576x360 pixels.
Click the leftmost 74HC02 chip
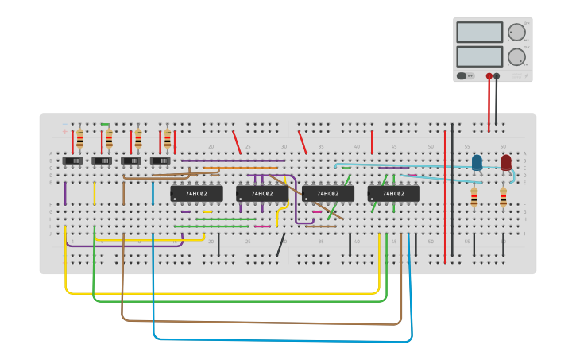tap(196, 193)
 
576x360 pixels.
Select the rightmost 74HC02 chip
tap(393, 193)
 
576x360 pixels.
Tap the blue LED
tap(477, 163)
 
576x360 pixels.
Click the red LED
tap(506, 163)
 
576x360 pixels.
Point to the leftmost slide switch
tap(72, 161)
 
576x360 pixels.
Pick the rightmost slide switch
tap(160, 161)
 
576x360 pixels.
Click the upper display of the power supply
tap(479, 32)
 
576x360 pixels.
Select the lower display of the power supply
tap(479, 56)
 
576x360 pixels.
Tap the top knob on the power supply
tap(516, 32)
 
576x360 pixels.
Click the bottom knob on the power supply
tap(516, 57)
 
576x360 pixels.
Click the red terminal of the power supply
tap(489, 76)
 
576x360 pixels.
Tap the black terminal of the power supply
tap(497, 76)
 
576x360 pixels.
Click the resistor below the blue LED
tap(474, 197)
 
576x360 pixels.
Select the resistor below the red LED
tap(503, 197)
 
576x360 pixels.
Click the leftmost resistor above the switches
tap(79, 140)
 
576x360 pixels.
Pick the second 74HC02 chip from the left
tap(262, 193)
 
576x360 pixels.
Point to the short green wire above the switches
tap(105, 124)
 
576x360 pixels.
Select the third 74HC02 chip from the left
tap(328, 193)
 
